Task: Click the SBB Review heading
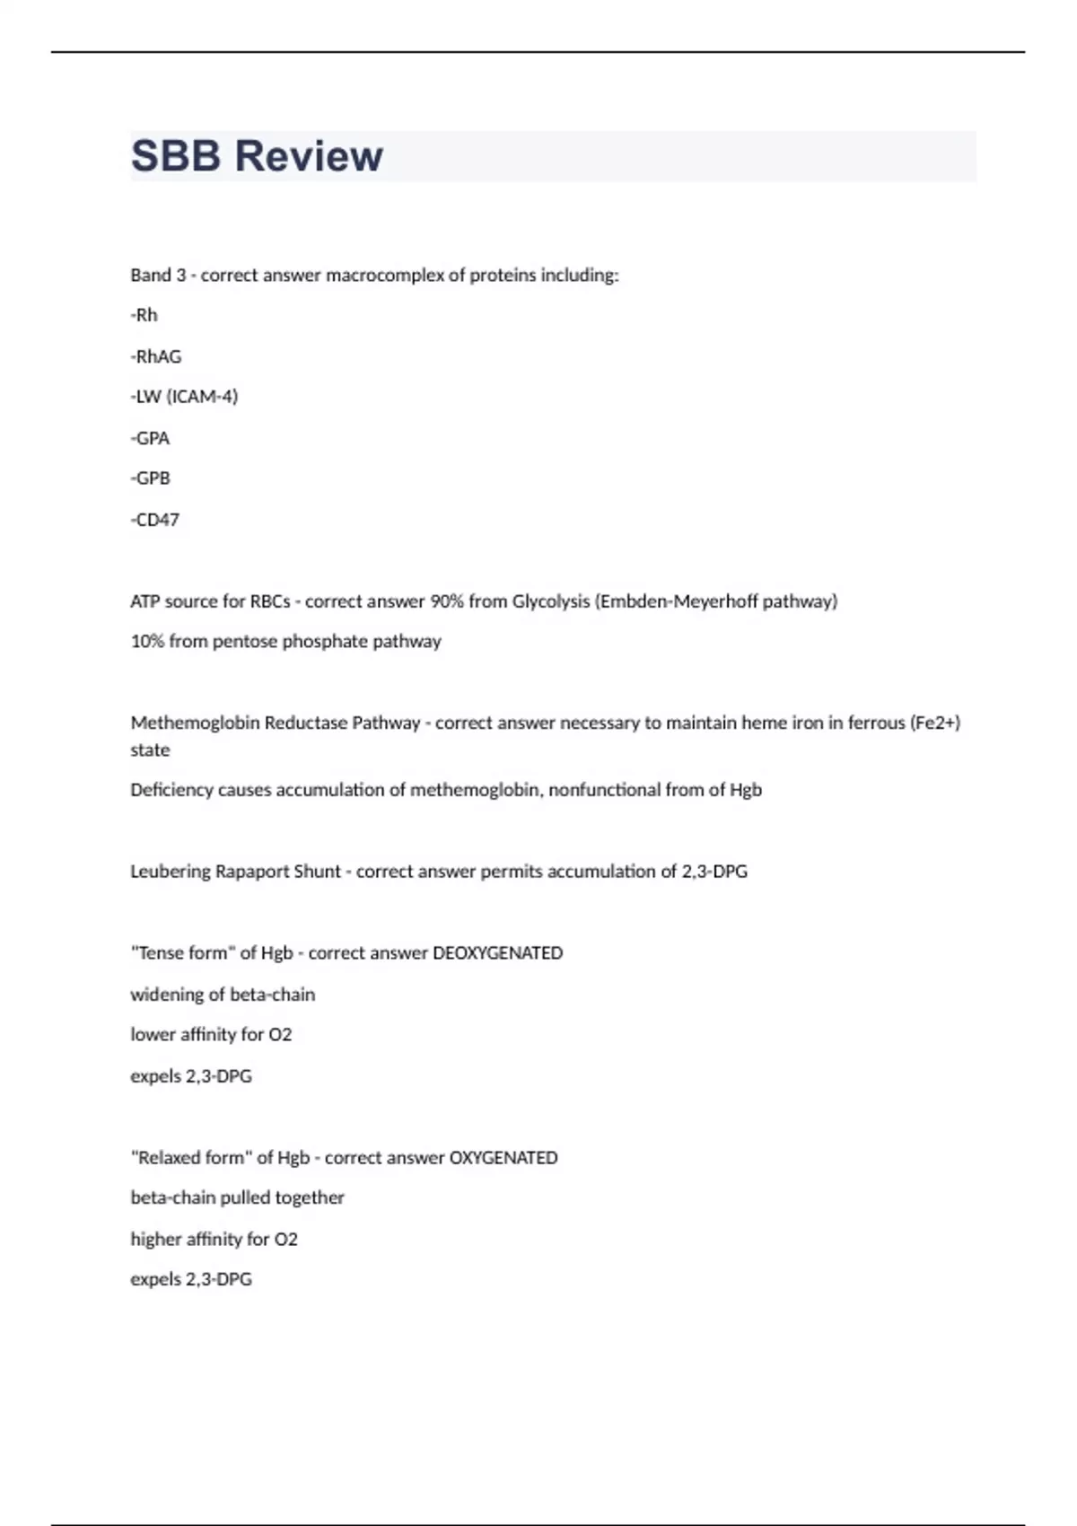257,156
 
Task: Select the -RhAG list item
156,356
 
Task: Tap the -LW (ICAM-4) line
184,397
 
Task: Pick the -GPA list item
150,438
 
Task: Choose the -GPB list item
150,478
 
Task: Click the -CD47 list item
155,520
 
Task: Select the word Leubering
170,872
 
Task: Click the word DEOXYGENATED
498,953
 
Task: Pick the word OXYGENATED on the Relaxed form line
503,1158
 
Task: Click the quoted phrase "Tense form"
183,953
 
